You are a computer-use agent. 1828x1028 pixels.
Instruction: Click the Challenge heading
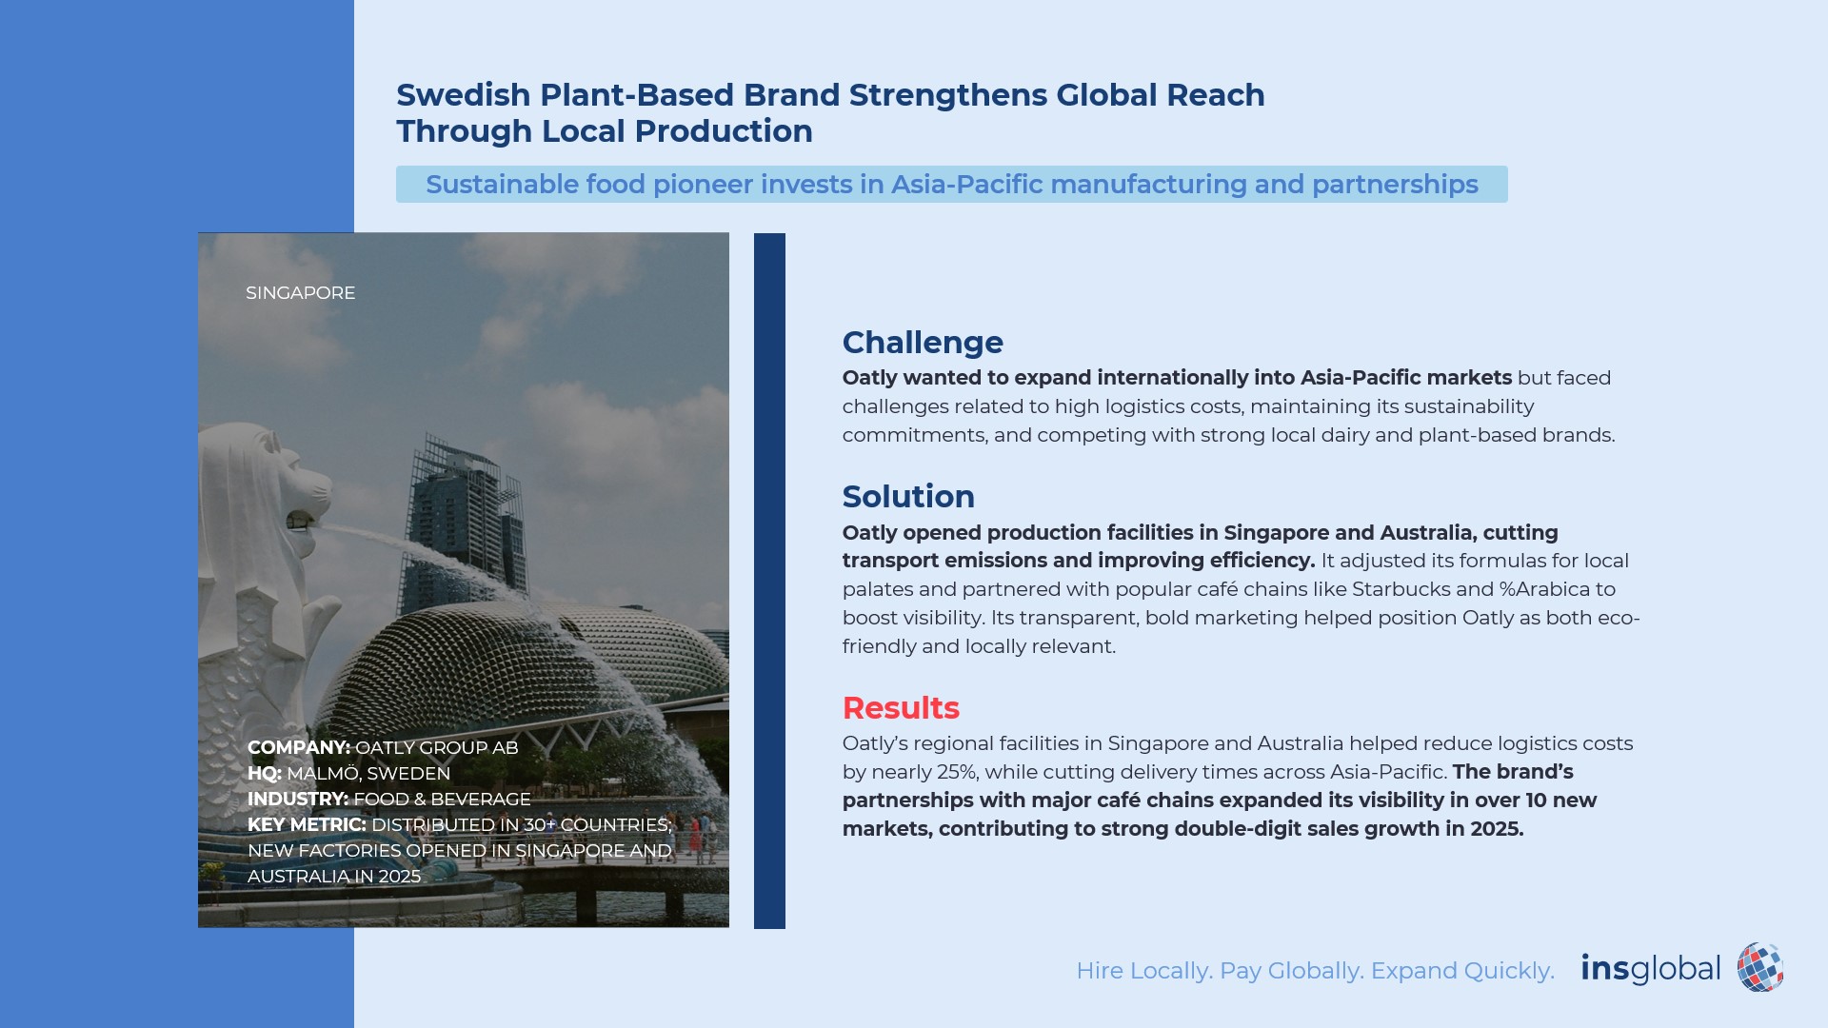pyautogui.click(x=923, y=343)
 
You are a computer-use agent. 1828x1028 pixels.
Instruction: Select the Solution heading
pyautogui.click(x=908, y=497)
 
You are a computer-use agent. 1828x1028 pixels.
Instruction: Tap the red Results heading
pyautogui.click(x=901, y=708)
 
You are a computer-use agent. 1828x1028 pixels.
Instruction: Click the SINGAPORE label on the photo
pyautogui.click(x=301, y=293)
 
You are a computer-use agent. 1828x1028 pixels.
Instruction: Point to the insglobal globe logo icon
pyautogui.click(x=1760, y=968)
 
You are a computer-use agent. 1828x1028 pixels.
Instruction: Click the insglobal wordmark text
pyautogui.click(x=1651, y=969)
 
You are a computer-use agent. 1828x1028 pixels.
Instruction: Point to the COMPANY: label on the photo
pyautogui.click(x=299, y=748)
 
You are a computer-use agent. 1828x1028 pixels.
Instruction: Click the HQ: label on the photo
pyautogui.click(x=265, y=774)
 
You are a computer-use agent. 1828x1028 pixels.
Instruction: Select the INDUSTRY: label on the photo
pyautogui.click(x=298, y=800)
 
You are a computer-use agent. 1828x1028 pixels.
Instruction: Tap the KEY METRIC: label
pyautogui.click(x=307, y=825)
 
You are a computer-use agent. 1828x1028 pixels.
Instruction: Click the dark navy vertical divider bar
pyautogui.click(x=769, y=581)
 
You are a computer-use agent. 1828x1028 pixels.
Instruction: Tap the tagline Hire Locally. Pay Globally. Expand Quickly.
pyautogui.click(x=1315, y=971)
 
